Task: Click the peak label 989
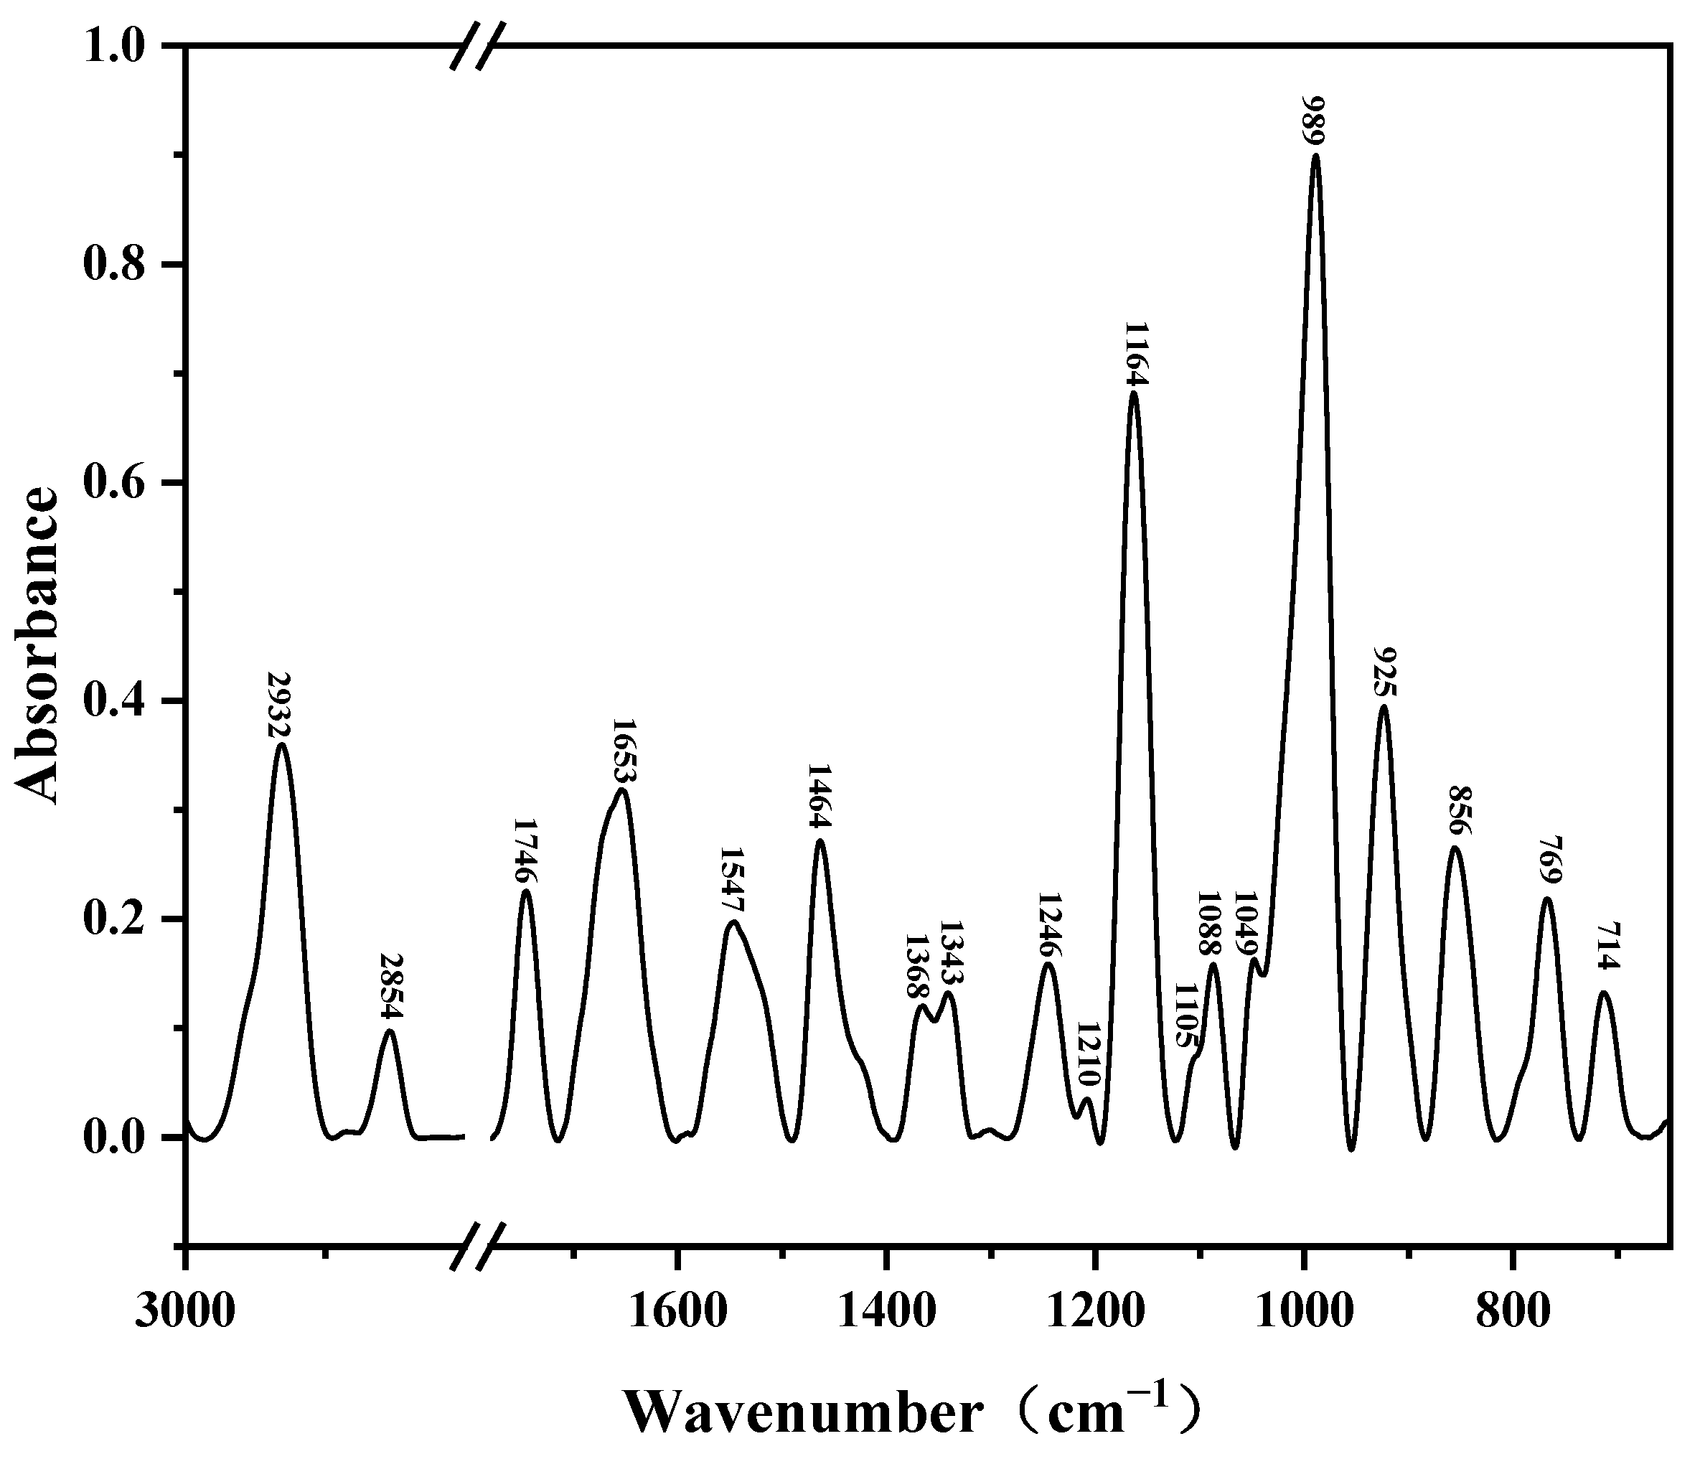[1317, 121]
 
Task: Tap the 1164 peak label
[1135, 355]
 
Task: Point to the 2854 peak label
[391, 986]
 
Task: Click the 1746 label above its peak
[526, 851]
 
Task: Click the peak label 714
[1607, 957]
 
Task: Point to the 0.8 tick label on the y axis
[120, 265]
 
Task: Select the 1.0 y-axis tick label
[120, 47]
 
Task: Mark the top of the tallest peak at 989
[1316, 154]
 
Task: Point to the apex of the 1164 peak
[1134, 393]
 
